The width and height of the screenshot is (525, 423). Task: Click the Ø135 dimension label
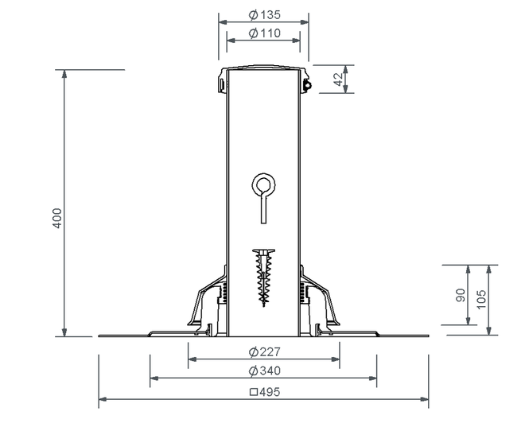point(265,15)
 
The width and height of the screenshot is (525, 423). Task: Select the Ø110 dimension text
point(265,33)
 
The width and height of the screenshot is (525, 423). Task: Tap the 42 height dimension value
point(339,79)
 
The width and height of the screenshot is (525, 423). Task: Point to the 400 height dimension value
point(57,218)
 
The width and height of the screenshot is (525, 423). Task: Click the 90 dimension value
point(461,295)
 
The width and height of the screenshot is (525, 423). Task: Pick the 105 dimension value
point(480,300)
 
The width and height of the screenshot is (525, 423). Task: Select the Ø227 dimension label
point(265,351)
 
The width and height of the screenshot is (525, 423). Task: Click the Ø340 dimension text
point(265,371)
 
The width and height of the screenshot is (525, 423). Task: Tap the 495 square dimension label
point(265,392)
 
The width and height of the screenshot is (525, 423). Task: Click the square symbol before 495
point(254,392)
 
